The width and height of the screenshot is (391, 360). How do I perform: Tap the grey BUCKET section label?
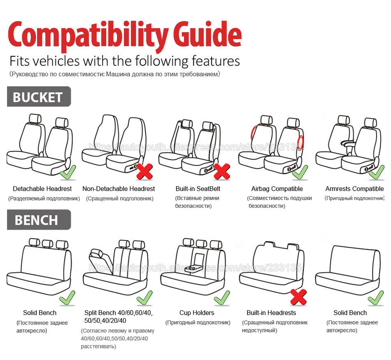click(38, 97)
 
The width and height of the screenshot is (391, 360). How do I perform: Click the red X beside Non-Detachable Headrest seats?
click(144, 171)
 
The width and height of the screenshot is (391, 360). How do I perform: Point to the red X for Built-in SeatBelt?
click(222, 171)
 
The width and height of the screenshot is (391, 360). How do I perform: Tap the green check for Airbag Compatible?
click(300, 172)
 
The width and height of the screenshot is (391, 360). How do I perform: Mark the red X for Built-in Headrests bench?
click(298, 297)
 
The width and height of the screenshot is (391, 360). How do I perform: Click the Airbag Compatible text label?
click(277, 189)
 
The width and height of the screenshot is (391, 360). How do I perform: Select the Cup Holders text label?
click(197, 313)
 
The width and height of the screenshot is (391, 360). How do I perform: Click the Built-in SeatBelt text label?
click(198, 189)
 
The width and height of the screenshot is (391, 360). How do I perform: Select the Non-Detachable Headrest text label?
click(119, 189)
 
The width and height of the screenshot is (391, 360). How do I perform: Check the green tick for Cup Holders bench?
click(222, 297)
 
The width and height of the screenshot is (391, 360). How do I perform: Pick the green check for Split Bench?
click(144, 297)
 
